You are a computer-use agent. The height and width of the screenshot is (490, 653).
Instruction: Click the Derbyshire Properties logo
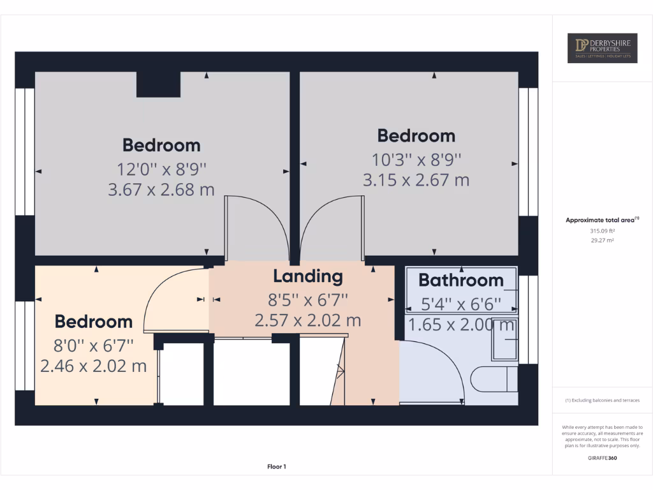pos(602,48)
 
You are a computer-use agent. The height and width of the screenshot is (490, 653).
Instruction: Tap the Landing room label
pos(308,276)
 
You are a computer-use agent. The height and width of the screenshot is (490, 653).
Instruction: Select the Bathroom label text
pos(461,280)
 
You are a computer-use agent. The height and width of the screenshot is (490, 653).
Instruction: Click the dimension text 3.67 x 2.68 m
pos(161,189)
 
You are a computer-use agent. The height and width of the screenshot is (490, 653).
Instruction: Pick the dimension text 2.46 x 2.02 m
pos(93,366)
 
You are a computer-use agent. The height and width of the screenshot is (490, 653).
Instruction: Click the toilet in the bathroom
pos(494,379)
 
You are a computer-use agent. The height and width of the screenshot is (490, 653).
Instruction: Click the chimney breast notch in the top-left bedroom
pos(158,84)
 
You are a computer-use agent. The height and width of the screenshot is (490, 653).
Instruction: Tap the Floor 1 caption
pos(277,467)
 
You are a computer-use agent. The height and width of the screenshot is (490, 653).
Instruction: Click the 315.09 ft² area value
pos(602,231)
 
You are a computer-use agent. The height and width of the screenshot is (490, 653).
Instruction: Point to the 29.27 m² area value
pos(602,241)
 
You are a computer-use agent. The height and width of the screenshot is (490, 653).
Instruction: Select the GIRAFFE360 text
pos(602,458)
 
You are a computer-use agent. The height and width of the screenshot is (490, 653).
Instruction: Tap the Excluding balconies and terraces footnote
pos(602,401)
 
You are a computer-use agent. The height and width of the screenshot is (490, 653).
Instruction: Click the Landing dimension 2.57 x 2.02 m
pos(308,320)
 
